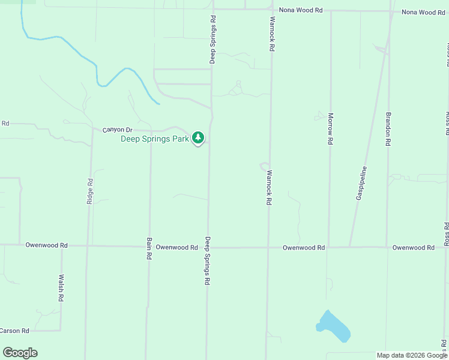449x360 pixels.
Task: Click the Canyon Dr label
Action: (x=116, y=130)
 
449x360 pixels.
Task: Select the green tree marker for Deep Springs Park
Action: (x=198, y=138)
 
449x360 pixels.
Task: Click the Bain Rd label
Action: (x=149, y=248)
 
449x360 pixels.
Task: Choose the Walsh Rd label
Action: (x=61, y=288)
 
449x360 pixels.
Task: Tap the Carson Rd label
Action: (x=14, y=331)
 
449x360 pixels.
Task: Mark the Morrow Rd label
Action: (x=330, y=128)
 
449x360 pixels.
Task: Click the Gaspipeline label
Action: (x=362, y=183)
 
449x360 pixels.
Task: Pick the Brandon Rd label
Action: (x=388, y=128)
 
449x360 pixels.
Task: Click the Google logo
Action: (x=20, y=353)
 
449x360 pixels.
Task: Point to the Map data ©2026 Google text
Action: (x=412, y=355)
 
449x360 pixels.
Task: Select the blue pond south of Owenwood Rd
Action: (x=333, y=326)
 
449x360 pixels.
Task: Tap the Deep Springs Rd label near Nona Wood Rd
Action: (x=212, y=40)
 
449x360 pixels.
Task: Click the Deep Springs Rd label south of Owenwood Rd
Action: (x=208, y=260)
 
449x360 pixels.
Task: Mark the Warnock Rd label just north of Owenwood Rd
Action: (x=269, y=187)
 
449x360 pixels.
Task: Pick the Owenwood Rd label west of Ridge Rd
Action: (x=46, y=245)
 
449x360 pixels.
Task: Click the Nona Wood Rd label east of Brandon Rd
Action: (x=423, y=12)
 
